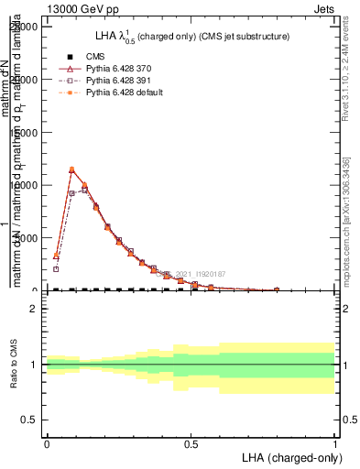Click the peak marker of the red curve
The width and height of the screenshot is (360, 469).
tap(71, 169)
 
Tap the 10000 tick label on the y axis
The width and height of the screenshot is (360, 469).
tap(24, 185)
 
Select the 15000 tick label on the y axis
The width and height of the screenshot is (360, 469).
tap(24, 132)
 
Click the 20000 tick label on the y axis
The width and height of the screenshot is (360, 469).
tap(24, 27)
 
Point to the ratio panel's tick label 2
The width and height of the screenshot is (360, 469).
tap(34, 309)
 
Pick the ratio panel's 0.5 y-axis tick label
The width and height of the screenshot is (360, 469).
tap(30, 420)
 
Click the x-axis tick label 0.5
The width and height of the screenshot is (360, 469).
tap(191, 443)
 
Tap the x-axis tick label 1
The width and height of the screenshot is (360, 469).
tap(335, 443)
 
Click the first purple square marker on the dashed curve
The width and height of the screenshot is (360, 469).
tap(56, 268)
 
